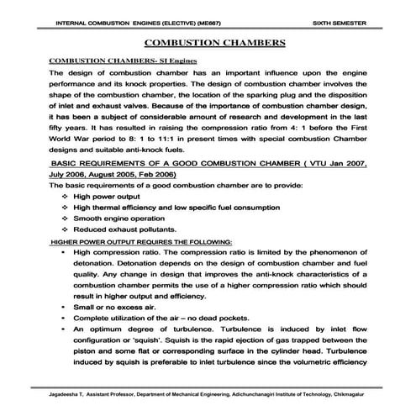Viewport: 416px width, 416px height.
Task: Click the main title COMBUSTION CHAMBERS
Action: coord(208,41)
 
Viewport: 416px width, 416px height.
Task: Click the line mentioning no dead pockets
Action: coord(164,319)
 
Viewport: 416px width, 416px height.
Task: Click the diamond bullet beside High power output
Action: coord(65,195)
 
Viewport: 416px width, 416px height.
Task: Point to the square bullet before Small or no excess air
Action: coord(65,308)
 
